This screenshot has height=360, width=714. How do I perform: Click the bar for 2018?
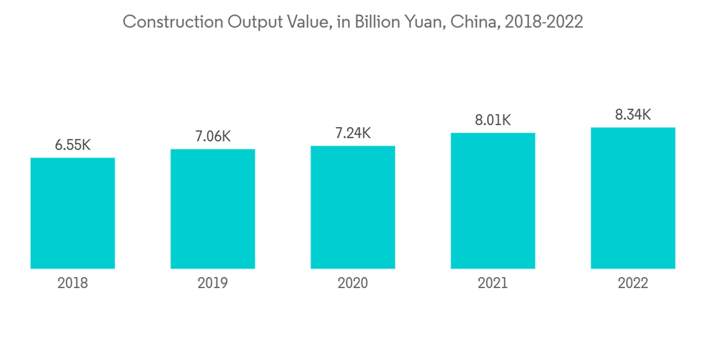73,213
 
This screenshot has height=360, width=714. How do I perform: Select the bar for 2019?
213,209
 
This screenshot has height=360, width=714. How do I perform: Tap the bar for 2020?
353,207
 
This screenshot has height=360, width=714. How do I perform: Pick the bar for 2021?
493,201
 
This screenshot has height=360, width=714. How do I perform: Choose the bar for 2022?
633,198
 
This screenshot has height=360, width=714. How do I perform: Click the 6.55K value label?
73,145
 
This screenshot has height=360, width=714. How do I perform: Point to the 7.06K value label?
213,136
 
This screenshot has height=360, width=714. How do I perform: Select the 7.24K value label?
353,134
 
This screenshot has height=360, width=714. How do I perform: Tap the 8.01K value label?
493,120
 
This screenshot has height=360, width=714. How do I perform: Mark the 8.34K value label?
633,115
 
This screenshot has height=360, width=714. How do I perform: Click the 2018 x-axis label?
73,284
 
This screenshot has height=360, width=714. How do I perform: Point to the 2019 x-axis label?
213,284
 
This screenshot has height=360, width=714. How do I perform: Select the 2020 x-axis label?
353,284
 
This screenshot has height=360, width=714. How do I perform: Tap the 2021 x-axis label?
493,284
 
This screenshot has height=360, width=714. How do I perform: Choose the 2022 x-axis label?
633,284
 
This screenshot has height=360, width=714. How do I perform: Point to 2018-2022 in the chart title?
543,22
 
